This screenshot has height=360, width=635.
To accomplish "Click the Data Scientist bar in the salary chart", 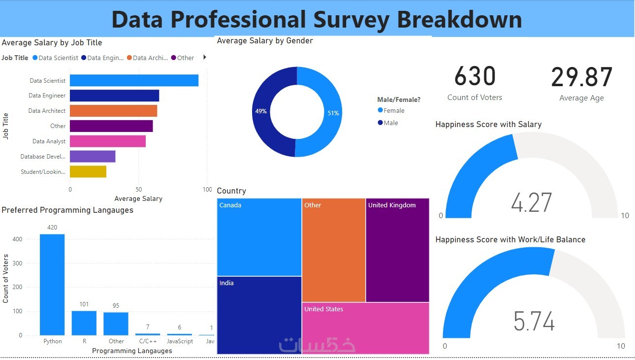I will click(x=134, y=80).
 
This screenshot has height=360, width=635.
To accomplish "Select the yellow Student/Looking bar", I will click(x=88, y=171).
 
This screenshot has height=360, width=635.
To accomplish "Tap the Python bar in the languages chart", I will click(x=52, y=284).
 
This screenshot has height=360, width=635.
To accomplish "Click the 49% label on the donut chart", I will click(x=261, y=111).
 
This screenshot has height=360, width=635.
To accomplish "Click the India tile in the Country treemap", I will click(x=259, y=315).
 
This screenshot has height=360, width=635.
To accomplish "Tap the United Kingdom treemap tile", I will click(x=398, y=250).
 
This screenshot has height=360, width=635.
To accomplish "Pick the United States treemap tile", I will click(x=365, y=327).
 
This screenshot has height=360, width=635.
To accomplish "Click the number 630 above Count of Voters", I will click(x=475, y=77).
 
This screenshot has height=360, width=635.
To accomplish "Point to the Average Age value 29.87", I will click(x=581, y=78).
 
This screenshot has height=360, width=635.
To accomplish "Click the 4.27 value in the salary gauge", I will click(x=532, y=202).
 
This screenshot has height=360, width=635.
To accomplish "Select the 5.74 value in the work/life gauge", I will click(x=534, y=321).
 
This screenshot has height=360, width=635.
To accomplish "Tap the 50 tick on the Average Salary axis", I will click(x=139, y=189).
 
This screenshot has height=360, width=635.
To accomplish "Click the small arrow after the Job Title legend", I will click(x=204, y=57).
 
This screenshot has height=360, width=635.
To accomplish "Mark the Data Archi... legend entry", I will click(x=148, y=58).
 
